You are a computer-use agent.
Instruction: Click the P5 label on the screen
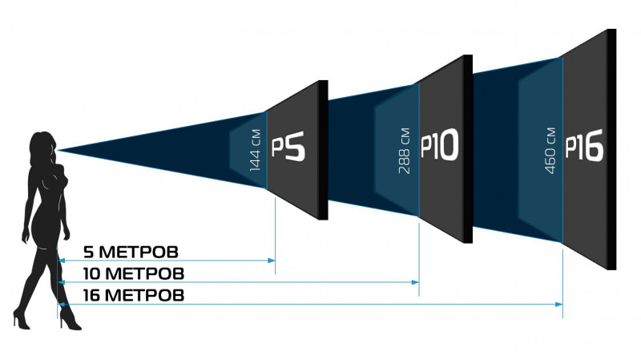(x=288, y=147)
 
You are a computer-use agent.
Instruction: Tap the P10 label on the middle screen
(x=439, y=145)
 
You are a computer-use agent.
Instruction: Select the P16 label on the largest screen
(x=584, y=145)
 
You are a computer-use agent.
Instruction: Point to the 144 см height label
(x=255, y=150)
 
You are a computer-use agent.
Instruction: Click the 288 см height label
(x=404, y=151)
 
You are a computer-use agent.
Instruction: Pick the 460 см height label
(x=550, y=151)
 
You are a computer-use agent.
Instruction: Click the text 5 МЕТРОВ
(x=131, y=252)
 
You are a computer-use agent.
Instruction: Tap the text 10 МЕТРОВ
(x=134, y=273)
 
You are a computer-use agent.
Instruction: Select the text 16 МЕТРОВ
(x=134, y=295)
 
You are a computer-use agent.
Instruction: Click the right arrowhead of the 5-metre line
(x=272, y=261)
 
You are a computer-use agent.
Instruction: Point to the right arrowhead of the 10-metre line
(x=415, y=282)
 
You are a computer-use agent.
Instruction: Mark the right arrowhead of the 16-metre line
(x=558, y=305)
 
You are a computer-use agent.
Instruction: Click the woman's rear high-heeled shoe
(x=22, y=318)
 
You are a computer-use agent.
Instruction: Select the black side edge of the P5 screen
(x=324, y=150)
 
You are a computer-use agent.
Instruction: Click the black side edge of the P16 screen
(x=611, y=149)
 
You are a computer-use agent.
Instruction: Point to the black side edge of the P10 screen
(x=468, y=149)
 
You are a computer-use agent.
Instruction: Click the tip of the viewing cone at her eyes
(x=58, y=151)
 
